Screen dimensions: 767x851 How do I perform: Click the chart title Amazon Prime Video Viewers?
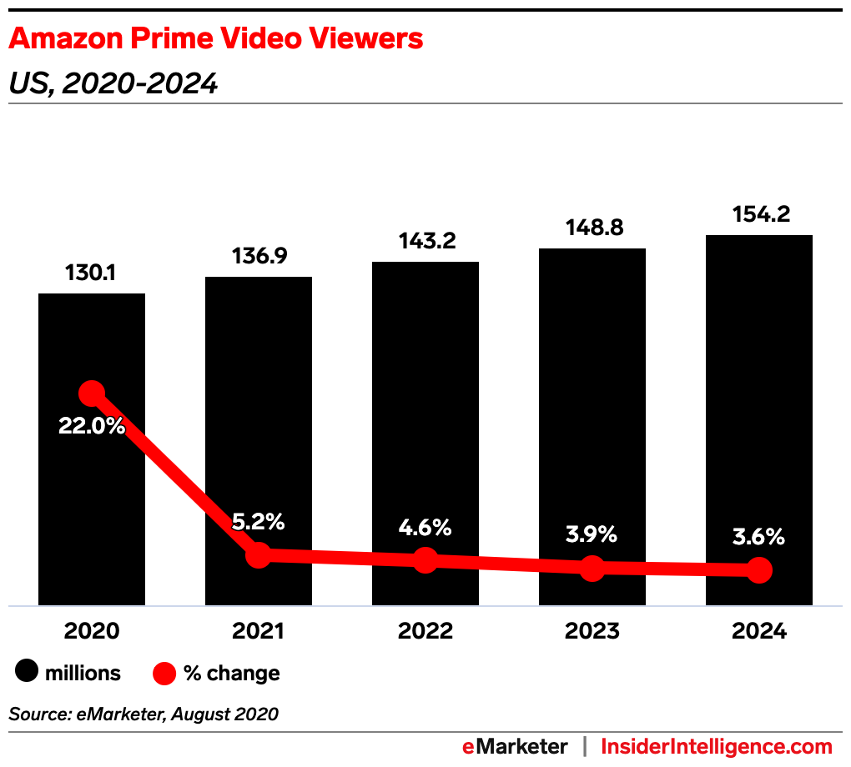[x=215, y=38]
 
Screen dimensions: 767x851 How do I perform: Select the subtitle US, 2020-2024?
[x=113, y=83]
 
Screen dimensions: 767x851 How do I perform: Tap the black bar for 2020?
[x=92, y=500]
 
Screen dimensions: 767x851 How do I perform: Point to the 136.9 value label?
[x=259, y=256]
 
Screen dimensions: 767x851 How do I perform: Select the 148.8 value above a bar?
[x=592, y=228]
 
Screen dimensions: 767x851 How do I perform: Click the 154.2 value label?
[x=759, y=214]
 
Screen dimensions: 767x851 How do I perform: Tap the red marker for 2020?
[x=92, y=393]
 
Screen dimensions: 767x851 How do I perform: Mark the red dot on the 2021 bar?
[x=259, y=554]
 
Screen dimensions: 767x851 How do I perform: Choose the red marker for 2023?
[x=592, y=569]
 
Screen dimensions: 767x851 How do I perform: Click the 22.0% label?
[x=92, y=426]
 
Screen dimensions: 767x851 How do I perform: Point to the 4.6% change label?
[x=425, y=528]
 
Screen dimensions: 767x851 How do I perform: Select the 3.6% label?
[x=759, y=537]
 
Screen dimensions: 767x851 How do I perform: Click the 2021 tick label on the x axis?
[x=259, y=631]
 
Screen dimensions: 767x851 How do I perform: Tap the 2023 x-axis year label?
[x=592, y=631]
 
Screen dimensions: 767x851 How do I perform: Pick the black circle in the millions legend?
[x=27, y=672]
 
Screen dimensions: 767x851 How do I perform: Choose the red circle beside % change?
[x=164, y=672]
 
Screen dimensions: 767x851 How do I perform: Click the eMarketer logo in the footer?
[x=515, y=746]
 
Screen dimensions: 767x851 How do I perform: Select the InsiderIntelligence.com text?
[x=717, y=746]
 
